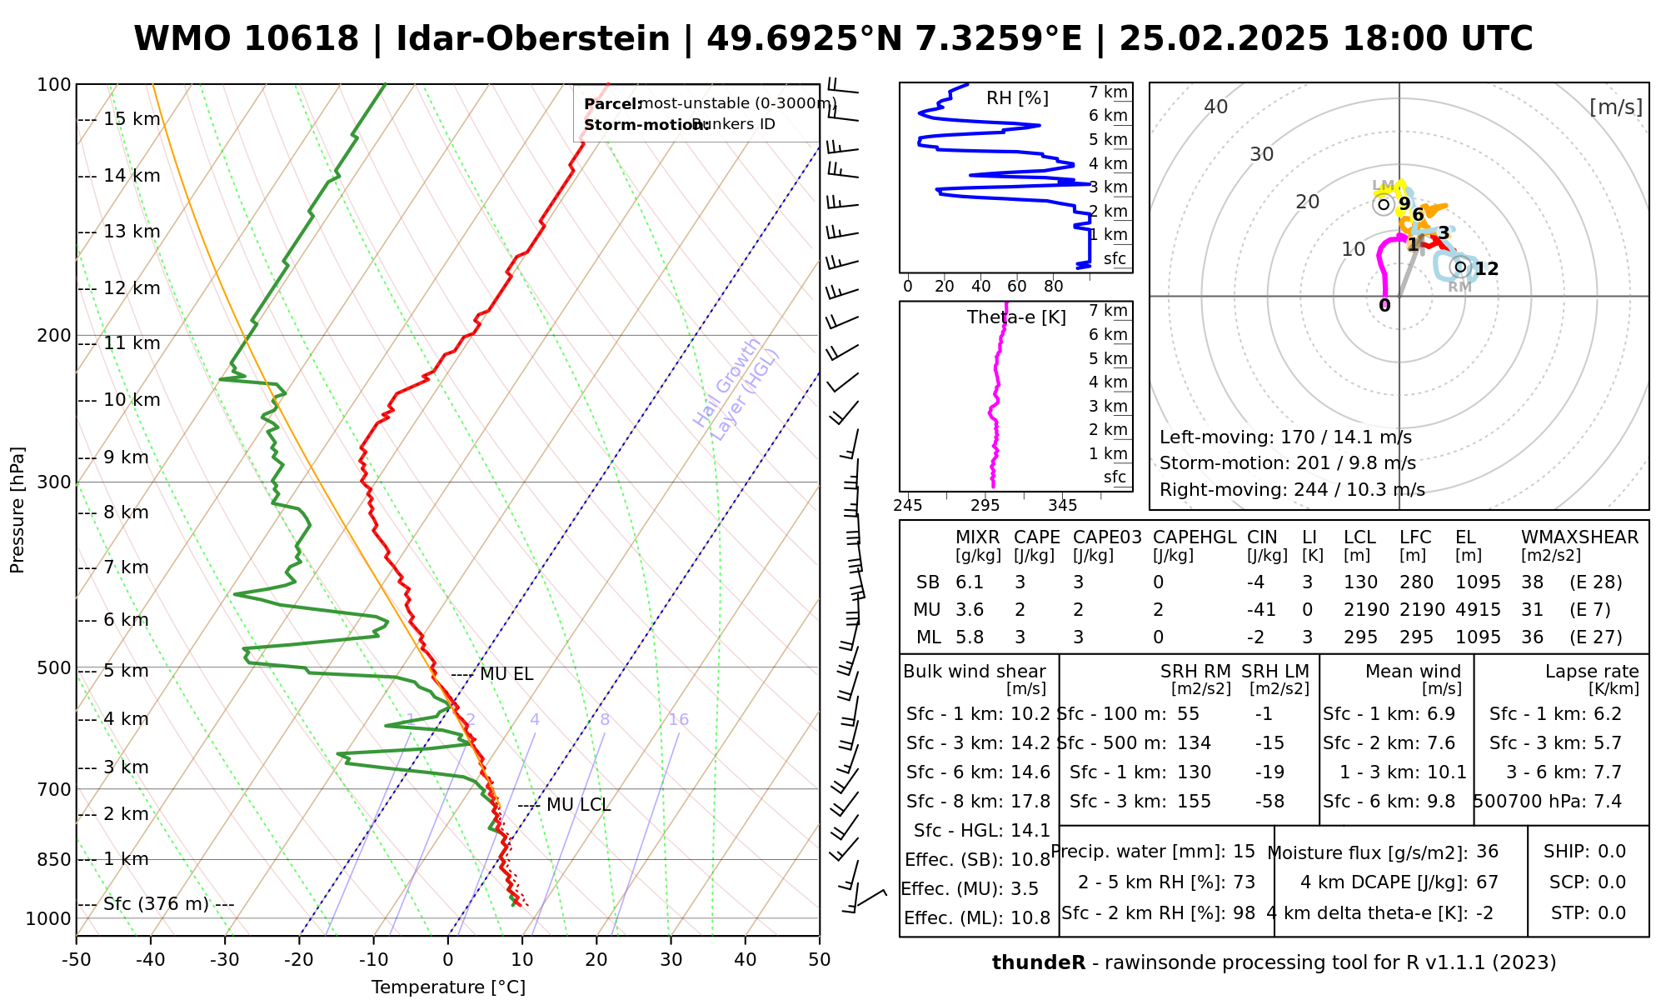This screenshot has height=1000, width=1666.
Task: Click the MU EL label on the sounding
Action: tap(506, 674)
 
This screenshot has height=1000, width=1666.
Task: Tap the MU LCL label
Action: tap(578, 805)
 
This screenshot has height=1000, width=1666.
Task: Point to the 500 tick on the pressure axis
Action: tap(54, 668)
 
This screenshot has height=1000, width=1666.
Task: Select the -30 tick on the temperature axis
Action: tap(225, 960)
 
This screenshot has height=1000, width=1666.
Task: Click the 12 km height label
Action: tap(131, 288)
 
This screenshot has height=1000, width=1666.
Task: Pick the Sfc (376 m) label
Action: tap(156, 904)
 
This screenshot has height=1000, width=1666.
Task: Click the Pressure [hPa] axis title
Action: tap(17, 510)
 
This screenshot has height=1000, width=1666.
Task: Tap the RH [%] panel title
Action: tap(1017, 98)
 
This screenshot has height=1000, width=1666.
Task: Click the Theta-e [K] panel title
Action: tap(1016, 317)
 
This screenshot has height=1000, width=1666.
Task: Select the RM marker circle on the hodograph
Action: tap(1459, 267)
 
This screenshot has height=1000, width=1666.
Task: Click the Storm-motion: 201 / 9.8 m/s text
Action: tap(1287, 463)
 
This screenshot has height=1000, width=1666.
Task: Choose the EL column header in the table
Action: tap(1466, 537)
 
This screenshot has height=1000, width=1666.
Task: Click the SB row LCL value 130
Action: tap(1360, 582)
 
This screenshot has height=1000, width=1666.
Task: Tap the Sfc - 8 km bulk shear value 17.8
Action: tap(1030, 802)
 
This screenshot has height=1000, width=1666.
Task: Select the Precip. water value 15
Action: tap(1244, 852)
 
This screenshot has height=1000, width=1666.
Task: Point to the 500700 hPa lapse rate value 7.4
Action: tap(1607, 802)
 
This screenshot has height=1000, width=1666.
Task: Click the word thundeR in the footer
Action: tap(1038, 963)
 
